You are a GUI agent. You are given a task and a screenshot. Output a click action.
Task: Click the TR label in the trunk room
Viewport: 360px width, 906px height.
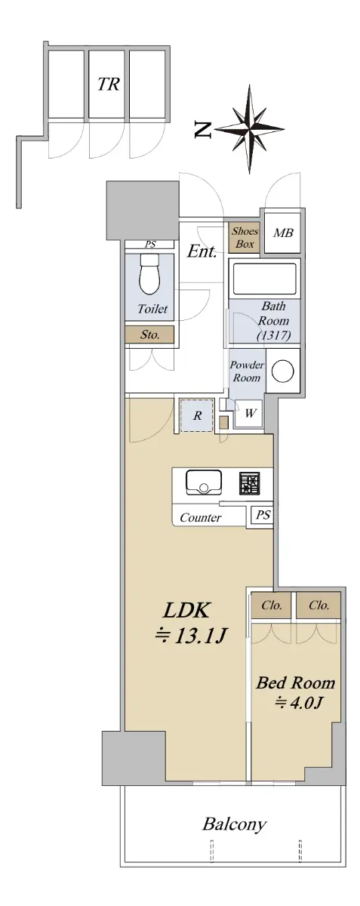click(x=109, y=85)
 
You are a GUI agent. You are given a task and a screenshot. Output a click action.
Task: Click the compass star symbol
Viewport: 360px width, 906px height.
click(x=250, y=129)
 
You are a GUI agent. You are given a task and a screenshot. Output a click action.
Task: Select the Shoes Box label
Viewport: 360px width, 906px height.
click(x=245, y=237)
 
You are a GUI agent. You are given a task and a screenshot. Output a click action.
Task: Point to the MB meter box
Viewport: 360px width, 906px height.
click(x=283, y=233)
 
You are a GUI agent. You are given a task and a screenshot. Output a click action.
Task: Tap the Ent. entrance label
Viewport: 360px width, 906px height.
click(x=202, y=251)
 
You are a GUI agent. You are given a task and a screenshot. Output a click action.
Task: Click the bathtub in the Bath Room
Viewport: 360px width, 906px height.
click(x=265, y=278)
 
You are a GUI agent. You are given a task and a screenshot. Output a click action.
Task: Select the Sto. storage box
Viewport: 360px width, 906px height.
click(x=149, y=334)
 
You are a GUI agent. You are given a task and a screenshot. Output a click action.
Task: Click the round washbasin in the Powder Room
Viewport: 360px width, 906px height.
click(x=283, y=371)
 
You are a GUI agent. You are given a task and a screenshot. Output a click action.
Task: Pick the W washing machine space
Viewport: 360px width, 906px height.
click(x=250, y=414)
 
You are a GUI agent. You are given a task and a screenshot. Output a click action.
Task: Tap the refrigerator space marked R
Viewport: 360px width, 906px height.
click(x=197, y=415)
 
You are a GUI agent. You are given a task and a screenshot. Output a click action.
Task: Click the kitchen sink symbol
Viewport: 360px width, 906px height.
click(x=203, y=482)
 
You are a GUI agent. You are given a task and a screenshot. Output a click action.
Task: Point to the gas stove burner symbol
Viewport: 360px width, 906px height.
click(x=251, y=483)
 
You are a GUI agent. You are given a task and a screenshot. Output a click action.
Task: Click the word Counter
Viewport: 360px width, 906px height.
click(x=200, y=518)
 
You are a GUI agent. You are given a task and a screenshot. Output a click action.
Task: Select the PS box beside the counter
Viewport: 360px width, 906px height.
click(x=262, y=515)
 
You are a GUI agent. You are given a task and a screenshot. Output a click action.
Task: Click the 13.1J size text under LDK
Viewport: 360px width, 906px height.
click(x=192, y=636)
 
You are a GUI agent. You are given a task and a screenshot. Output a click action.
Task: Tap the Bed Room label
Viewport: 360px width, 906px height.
click(x=296, y=683)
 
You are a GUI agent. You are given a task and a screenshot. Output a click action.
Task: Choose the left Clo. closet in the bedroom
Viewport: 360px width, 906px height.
click(x=271, y=606)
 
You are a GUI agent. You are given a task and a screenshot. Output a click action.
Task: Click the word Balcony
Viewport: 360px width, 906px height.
click(x=234, y=824)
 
